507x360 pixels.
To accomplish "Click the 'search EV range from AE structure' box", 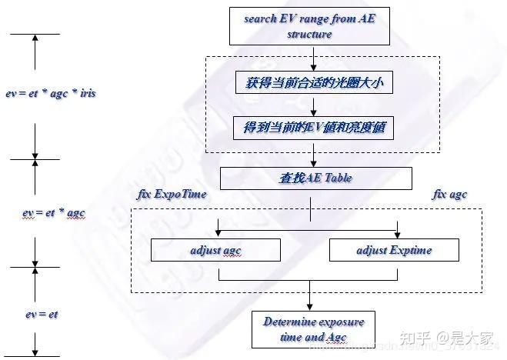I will [x=309, y=27].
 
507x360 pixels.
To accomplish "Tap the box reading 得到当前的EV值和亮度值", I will [x=314, y=128].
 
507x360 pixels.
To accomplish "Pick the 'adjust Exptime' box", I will [x=394, y=250].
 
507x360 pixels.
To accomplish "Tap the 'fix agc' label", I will [x=450, y=195].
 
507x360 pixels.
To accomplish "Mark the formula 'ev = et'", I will [x=42, y=314].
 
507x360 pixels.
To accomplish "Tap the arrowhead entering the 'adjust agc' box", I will [x=219, y=233].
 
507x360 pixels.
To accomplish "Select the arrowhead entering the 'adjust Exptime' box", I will [x=397, y=233].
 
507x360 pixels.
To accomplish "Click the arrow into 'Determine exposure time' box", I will [x=309, y=300].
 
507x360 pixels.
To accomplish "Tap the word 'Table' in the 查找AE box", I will [x=336, y=178].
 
